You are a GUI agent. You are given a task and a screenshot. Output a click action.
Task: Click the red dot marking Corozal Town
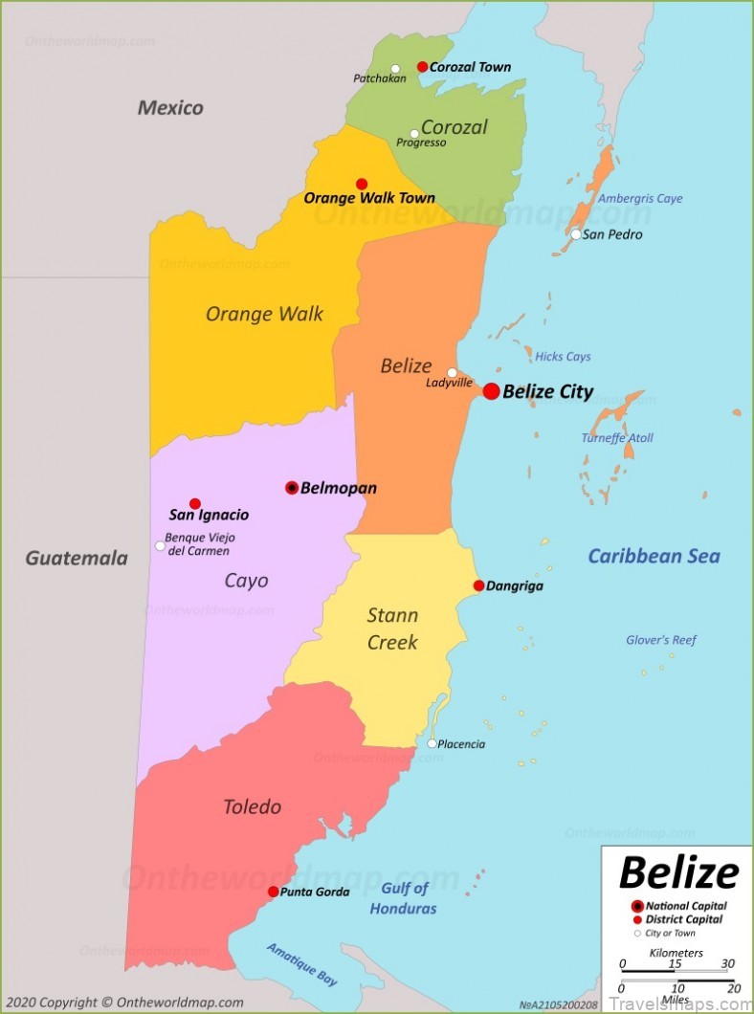[x=422, y=67]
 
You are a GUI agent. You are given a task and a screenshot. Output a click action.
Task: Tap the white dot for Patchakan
[x=395, y=69]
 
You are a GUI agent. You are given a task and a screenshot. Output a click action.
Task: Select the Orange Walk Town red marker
[x=362, y=184]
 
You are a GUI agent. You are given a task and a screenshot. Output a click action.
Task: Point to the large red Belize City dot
[x=491, y=391]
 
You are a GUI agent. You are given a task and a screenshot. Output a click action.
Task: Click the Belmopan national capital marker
[x=292, y=488]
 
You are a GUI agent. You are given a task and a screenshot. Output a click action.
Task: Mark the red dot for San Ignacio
[x=195, y=503]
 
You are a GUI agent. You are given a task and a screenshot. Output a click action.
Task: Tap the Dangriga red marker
[x=478, y=585]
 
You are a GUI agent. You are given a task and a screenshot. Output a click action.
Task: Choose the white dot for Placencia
[x=432, y=743]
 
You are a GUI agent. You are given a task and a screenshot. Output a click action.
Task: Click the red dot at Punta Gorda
[x=273, y=892]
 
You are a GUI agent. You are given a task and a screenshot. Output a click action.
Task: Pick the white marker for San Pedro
[x=576, y=234]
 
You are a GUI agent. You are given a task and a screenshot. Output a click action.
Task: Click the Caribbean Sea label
[x=654, y=556]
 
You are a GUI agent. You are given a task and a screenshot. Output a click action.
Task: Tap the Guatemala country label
[x=77, y=558]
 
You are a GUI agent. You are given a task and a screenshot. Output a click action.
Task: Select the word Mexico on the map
[x=170, y=107]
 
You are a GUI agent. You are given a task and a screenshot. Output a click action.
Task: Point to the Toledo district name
[x=252, y=806]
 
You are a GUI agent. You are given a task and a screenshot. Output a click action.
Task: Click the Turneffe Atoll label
[x=617, y=438]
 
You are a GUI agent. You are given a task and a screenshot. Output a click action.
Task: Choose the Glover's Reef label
[x=661, y=640]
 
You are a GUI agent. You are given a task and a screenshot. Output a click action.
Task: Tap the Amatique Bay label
[x=301, y=964]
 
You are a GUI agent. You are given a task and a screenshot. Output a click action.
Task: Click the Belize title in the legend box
[x=678, y=872]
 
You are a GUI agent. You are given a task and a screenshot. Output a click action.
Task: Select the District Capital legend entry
[x=683, y=919]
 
